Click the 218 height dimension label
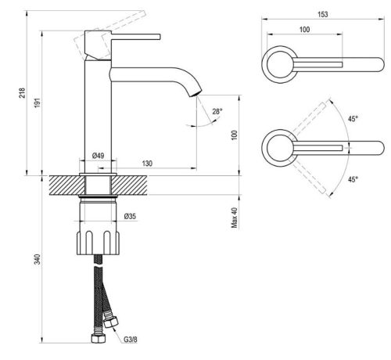click(23, 93)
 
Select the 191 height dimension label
click(38, 103)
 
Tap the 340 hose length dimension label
click(38, 259)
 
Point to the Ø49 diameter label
click(98, 156)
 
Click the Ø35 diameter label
click(130, 216)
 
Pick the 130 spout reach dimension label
click(147, 164)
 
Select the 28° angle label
click(217, 111)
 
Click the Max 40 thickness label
click(235, 218)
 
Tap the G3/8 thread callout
click(130, 340)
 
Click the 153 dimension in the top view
click(322, 14)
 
